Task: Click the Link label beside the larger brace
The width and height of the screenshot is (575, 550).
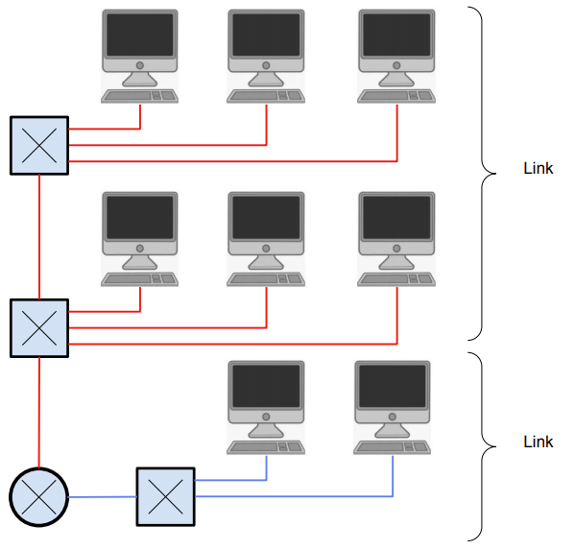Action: (x=538, y=168)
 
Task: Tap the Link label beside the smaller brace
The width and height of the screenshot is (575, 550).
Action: (x=538, y=442)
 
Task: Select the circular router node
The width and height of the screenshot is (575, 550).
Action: (x=38, y=497)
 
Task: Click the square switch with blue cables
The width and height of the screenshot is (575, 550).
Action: (x=166, y=497)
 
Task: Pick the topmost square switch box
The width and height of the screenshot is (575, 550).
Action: (x=39, y=146)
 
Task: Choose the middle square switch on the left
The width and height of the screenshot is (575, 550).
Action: (x=39, y=328)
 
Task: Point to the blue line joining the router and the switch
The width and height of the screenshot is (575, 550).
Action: (x=103, y=497)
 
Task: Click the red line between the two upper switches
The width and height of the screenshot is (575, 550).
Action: (x=39, y=237)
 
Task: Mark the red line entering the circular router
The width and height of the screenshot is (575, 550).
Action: (x=39, y=413)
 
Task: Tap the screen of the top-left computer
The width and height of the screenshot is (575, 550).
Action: (x=140, y=36)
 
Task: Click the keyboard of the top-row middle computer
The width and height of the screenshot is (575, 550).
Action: (x=266, y=96)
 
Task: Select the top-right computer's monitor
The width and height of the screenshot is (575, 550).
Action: (x=396, y=40)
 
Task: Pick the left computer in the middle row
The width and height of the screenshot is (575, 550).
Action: (x=140, y=239)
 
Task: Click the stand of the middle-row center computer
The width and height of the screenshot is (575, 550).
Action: (x=266, y=263)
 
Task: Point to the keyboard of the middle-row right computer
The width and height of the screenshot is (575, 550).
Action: (x=396, y=279)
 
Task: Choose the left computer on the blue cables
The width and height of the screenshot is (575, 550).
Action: (x=266, y=407)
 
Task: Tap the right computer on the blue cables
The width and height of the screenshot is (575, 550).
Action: (x=392, y=407)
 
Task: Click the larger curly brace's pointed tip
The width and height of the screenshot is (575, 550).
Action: (x=495, y=174)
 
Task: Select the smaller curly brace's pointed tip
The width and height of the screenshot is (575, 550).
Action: (x=495, y=446)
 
